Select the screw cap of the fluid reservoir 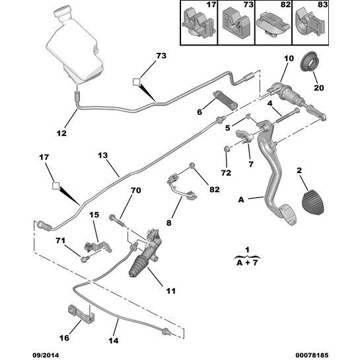point(63,13)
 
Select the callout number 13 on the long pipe point(102,156)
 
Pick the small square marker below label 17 point(56,186)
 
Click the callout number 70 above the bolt point(135,191)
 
